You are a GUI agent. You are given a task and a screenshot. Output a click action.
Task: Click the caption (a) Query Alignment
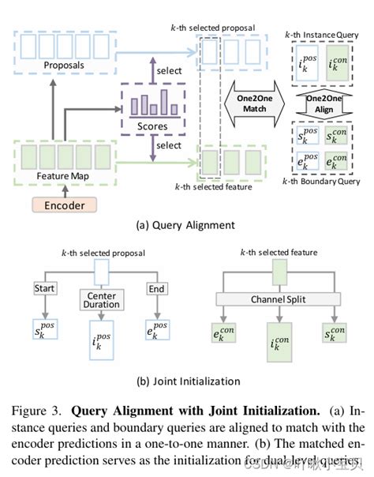(185, 224)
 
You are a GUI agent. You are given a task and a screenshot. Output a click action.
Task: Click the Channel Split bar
(279, 301)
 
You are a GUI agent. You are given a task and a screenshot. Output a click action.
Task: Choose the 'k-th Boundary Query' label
(325, 182)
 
